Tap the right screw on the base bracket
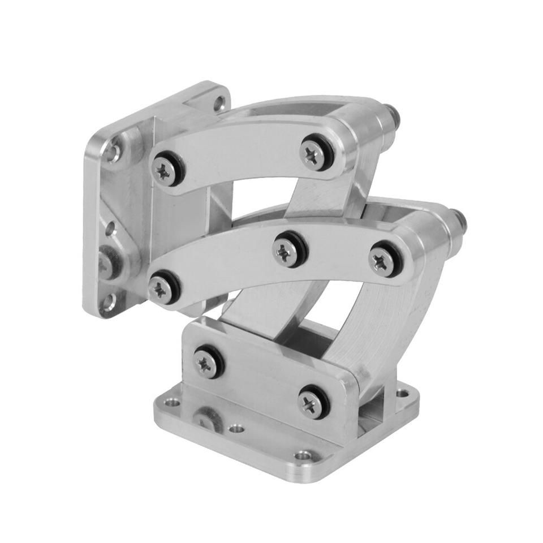313,403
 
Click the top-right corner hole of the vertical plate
219,104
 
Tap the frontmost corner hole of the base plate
304,454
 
